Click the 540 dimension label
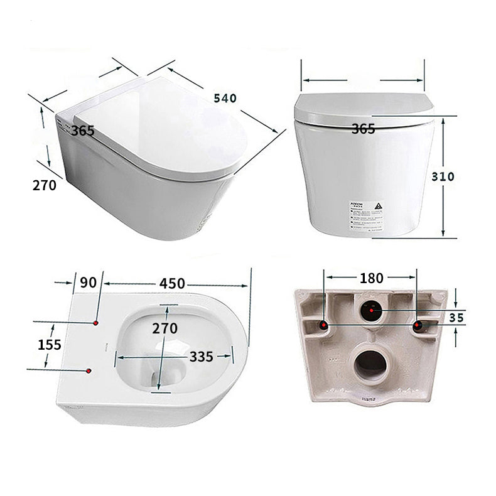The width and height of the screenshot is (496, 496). pos(225,99)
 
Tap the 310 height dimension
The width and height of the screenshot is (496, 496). pos(443,176)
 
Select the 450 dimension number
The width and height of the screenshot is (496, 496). pos(172,283)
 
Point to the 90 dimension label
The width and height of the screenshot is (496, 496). pos(88,283)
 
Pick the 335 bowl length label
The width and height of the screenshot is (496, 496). pos(202,357)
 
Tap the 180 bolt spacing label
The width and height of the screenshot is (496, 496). pos(372,278)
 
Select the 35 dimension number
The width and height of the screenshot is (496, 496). pos(456,319)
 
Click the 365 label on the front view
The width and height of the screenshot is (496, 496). pos(363,129)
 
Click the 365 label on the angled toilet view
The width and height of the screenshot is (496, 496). pos(82,131)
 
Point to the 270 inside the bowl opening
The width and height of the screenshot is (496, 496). pos(164,328)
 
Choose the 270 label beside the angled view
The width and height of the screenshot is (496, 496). pos(45,185)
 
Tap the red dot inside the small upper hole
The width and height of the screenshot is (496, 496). pos(371,310)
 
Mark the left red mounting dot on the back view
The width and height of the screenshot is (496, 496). pos(323,325)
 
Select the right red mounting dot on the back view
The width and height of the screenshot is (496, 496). pos(418,325)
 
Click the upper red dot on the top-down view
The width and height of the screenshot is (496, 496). pos(95,323)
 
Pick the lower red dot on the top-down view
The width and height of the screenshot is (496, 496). pos(89,371)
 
